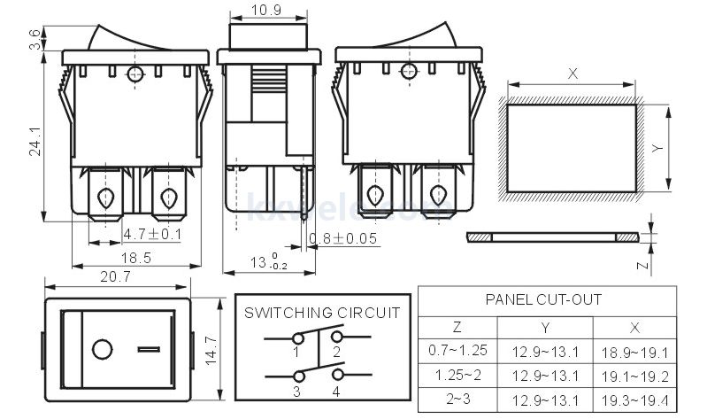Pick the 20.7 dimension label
116,277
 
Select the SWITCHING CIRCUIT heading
322,314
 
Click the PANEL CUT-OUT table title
543,300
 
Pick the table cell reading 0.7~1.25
457,350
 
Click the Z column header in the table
457,326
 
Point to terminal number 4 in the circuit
336,391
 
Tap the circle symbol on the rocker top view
104,350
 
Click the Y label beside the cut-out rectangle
657,149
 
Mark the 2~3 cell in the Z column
457,399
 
